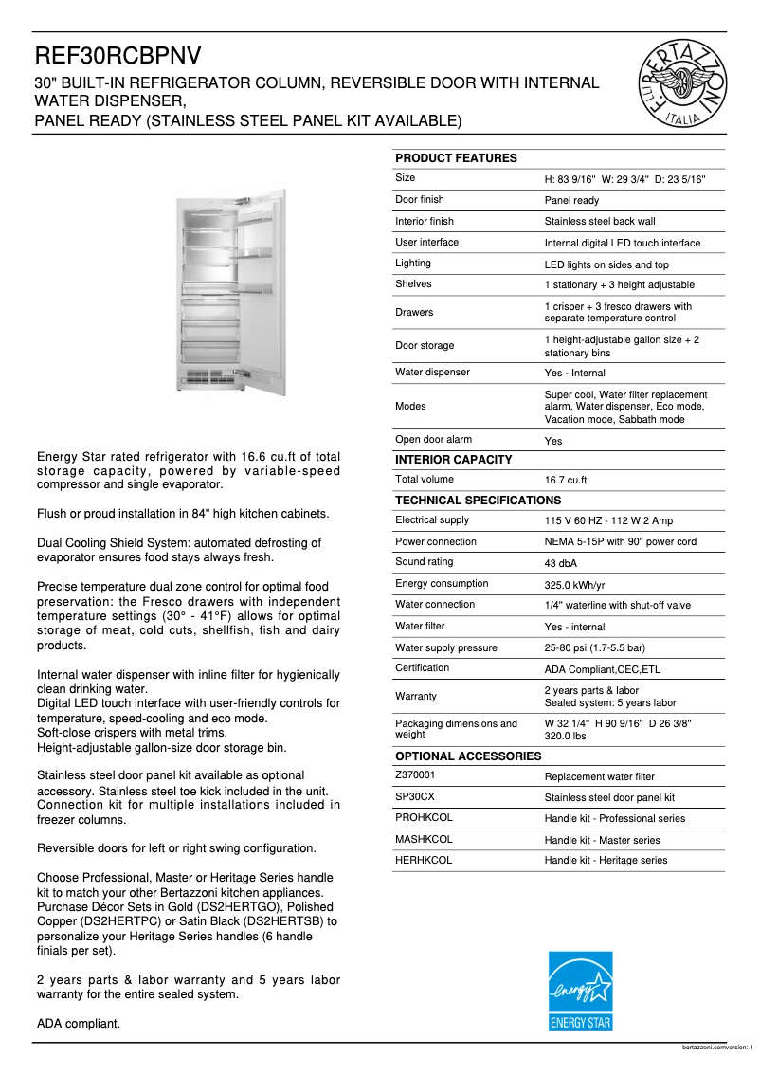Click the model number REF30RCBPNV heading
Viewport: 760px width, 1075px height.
(118, 56)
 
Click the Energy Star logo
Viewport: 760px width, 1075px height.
(581, 991)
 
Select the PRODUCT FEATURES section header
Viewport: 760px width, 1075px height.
(456, 158)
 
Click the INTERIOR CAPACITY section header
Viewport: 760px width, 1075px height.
(453, 460)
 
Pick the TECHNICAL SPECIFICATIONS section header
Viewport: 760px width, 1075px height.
(478, 501)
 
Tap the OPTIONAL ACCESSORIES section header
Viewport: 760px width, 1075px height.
(468, 756)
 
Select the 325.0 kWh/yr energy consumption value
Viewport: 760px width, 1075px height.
(574, 585)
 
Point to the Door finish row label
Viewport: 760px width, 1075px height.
(419, 200)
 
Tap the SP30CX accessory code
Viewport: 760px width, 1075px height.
(415, 797)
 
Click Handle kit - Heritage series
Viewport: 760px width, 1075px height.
(606, 861)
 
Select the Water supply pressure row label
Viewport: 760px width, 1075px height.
(445, 648)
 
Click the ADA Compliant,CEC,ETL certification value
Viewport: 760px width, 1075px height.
(602, 669)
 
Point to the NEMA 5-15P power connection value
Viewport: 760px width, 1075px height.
(620, 542)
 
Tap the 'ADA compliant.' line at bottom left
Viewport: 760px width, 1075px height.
(78, 1024)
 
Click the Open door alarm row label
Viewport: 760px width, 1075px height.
(433, 440)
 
